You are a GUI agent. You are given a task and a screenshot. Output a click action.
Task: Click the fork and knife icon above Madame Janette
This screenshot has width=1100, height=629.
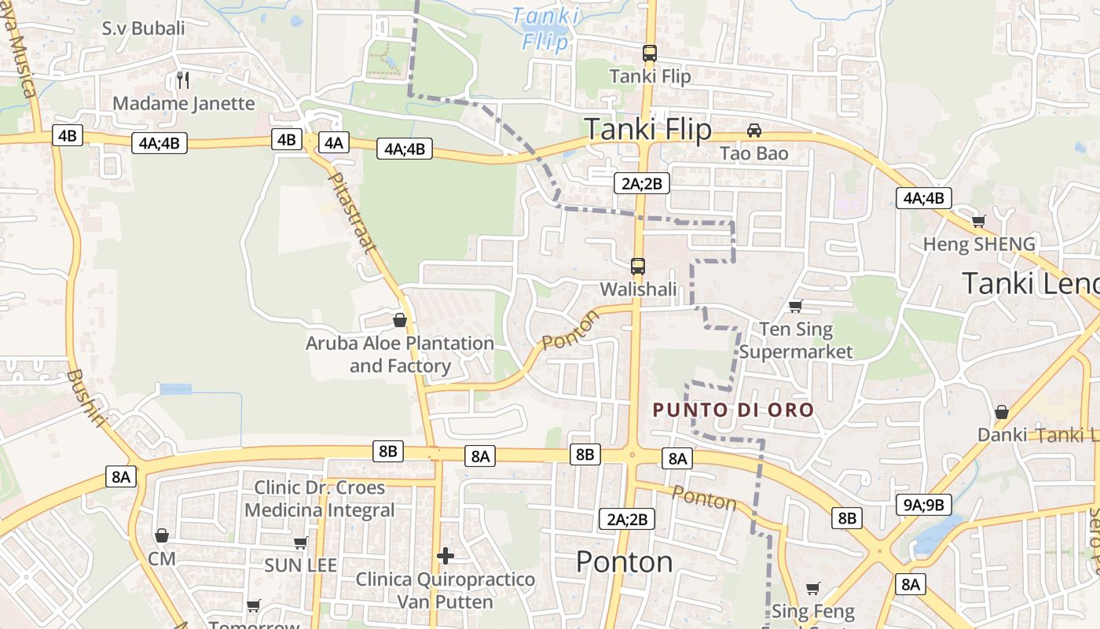click(183, 79)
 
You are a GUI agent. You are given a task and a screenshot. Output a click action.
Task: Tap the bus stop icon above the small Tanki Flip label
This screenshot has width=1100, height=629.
click(650, 53)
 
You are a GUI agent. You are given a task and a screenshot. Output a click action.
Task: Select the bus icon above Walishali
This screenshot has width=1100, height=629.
click(638, 267)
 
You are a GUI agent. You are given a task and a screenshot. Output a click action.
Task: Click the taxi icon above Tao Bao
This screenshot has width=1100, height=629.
click(754, 130)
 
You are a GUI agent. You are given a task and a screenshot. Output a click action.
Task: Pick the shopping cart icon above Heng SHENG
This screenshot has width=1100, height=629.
click(978, 221)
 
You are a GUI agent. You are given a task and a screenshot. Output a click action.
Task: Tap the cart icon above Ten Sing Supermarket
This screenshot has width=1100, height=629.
click(796, 306)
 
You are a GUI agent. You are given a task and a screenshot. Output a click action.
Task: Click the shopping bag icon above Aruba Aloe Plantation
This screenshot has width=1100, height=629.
click(400, 320)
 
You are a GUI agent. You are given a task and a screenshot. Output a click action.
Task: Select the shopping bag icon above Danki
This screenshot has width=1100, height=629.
click(1002, 412)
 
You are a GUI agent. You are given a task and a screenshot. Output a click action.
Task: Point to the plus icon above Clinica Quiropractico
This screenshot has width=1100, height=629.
click(445, 557)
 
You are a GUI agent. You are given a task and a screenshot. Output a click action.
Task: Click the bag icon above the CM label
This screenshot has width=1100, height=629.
click(162, 535)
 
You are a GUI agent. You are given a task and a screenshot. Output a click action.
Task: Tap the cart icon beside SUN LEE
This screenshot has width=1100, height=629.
click(301, 543)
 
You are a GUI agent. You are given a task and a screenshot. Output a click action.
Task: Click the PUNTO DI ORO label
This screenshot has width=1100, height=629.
click(733, 410)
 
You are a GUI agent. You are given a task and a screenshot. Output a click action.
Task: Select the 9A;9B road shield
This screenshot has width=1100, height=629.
click(924, 505)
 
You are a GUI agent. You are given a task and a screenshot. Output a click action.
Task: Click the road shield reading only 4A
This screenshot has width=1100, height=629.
click(334, 142)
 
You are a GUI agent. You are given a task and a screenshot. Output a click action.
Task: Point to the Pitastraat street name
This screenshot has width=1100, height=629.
click(353, 213)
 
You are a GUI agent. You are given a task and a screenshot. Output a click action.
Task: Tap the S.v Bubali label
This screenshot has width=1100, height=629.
click(144, 29)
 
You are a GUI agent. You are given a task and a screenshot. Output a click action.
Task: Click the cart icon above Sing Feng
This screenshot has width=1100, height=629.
click(813, 589)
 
